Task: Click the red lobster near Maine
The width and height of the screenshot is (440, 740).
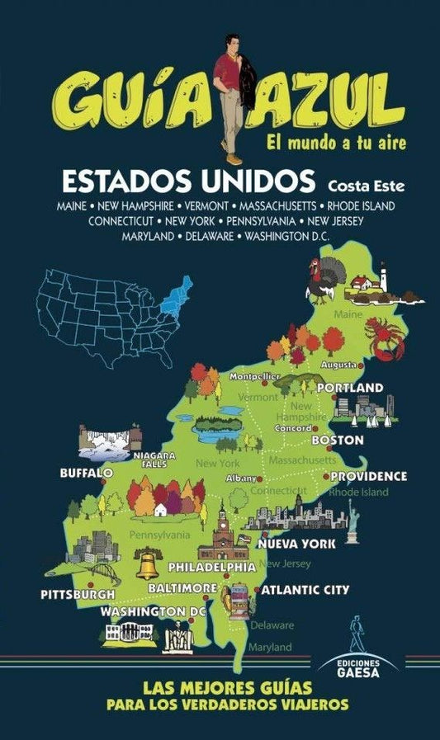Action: click(x=384, y=340)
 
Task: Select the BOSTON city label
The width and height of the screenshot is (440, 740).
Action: click(x=337, y=441)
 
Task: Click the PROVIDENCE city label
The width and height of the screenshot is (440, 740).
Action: click(x=369, y=476)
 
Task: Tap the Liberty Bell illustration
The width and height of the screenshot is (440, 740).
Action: click(x=148, y=564)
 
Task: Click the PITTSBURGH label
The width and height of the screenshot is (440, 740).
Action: click(x=78, y=593)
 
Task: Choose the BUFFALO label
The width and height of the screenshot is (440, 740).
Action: click(x=86, y=473)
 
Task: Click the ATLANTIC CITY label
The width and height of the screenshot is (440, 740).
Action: click(x=305, y=590)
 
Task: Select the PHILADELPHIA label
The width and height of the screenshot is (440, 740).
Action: click(x=211, y=568)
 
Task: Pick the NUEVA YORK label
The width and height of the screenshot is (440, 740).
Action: click(x=296, y=544)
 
